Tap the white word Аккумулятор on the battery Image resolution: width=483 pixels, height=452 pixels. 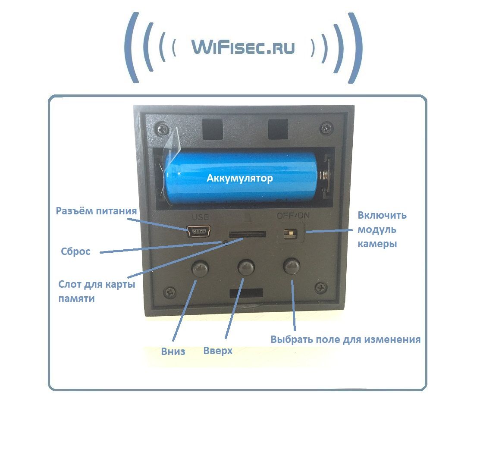pyautogui.click(x=240, y=178)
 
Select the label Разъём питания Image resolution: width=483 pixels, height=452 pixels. pyautogui.click(x=97, y=211)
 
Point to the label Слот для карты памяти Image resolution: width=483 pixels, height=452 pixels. pyautogui.click(x=97, y=291)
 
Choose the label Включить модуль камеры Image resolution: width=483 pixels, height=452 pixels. pyautogui.click(x=382, y=229)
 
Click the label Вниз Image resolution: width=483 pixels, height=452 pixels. pyautogui.click(x=173, y=351)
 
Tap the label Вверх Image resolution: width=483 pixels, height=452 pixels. pyautogui.click(x=218, y=350)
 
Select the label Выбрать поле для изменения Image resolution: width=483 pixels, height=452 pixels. pyautogui.click(x=345, y=339)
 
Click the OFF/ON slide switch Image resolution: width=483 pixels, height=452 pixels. pyautogui.click(x=292, y=233)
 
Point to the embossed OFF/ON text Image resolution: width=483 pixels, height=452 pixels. pyautogui.click(x=293, y=215)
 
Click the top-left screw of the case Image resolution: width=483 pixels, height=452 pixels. pyautogui.click(x=162, y=128)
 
